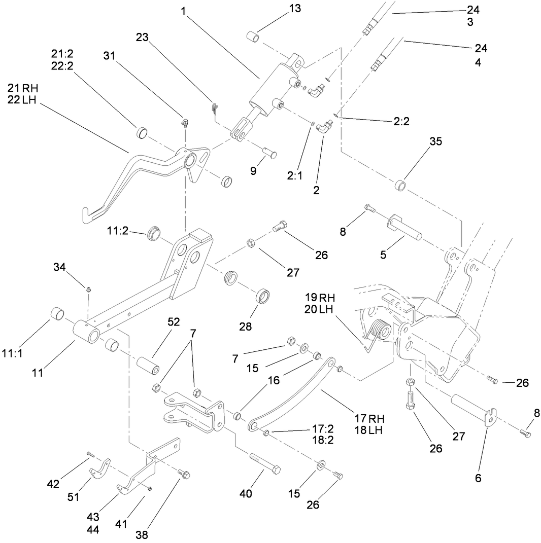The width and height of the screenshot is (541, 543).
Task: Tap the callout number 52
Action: [174, 322]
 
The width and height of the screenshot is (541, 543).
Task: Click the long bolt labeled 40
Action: [264, 463]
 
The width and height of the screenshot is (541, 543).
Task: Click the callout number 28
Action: [246, 326]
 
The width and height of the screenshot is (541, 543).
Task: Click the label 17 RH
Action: [369, 418]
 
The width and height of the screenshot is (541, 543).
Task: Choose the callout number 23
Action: [143, 37]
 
